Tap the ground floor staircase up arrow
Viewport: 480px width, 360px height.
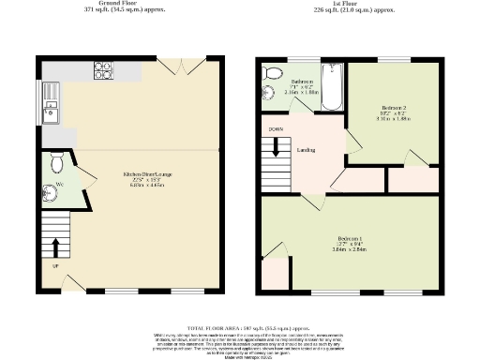[54, 247]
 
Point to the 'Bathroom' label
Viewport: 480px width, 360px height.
[302, 82]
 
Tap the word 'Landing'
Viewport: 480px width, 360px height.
[306, 150]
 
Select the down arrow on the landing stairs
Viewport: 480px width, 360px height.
[276, 146]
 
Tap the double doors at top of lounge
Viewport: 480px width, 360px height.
[173, 67]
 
